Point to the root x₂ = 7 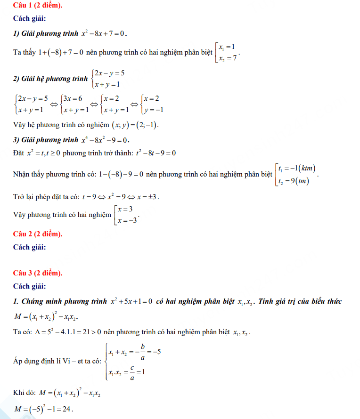227,58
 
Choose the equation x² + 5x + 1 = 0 131,302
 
